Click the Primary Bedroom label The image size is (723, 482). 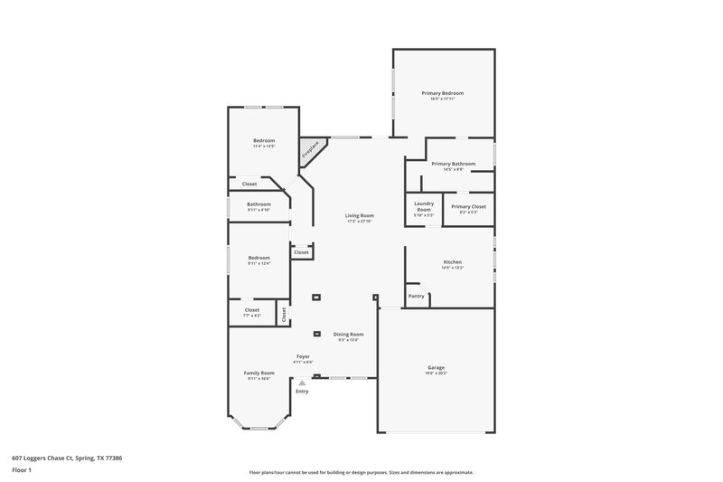444,93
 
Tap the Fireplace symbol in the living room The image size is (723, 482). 311,150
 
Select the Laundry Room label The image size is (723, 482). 424,207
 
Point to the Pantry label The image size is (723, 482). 416,296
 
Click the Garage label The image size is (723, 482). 436,367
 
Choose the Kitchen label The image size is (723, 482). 452,262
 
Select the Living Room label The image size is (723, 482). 359,215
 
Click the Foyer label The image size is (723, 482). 303,356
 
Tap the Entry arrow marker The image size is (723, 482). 302,383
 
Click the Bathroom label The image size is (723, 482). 259,204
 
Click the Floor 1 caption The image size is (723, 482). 23,470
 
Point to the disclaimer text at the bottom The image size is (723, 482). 361,472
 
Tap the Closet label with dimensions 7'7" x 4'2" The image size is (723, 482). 252,311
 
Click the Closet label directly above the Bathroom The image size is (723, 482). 249,184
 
